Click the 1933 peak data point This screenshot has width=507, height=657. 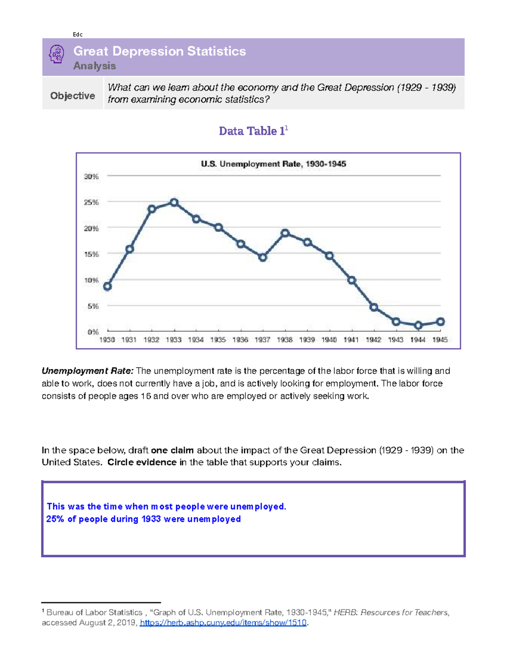174,203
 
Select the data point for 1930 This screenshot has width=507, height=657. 107,286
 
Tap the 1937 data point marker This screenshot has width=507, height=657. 263,257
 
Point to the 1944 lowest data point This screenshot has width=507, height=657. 418,325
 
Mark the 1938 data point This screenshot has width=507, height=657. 285,233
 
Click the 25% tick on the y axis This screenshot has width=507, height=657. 91,202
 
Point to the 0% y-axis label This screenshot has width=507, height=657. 93,332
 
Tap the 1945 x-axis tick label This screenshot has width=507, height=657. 440,340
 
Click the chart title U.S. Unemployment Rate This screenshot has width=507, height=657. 273,164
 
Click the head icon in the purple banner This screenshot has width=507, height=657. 57,55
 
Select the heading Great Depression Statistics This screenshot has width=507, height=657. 159,51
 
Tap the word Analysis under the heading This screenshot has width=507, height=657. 94,66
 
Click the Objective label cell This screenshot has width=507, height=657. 73,96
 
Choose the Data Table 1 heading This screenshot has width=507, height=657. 253,131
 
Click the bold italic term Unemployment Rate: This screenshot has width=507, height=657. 87,371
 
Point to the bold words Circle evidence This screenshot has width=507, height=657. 142,462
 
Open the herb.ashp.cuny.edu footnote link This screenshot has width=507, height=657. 223,623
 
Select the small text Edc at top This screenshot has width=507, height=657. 78,35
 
